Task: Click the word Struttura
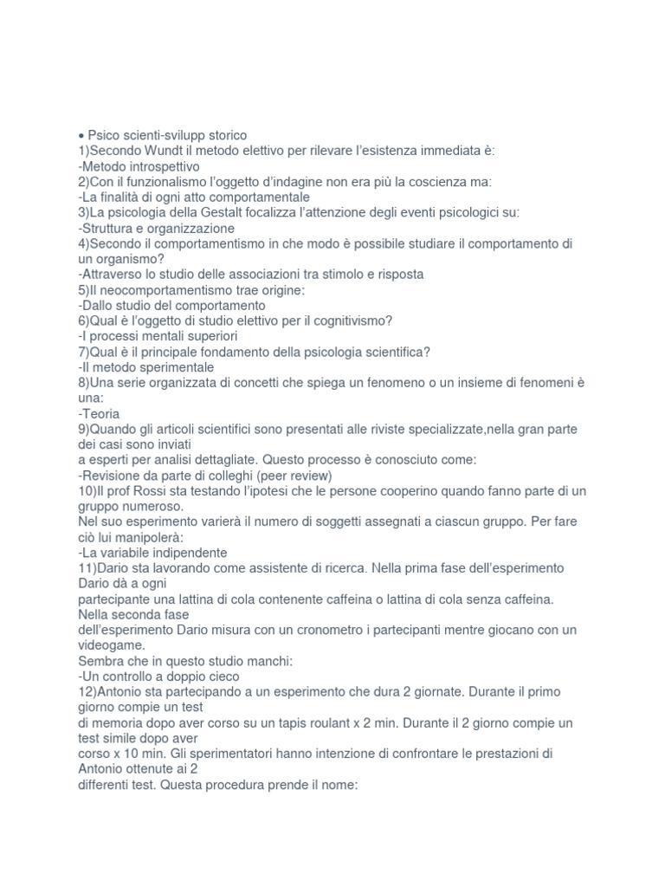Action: (x=111, y=229)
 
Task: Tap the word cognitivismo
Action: (x=346, y=320)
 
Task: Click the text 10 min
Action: (x=125, y=754)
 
